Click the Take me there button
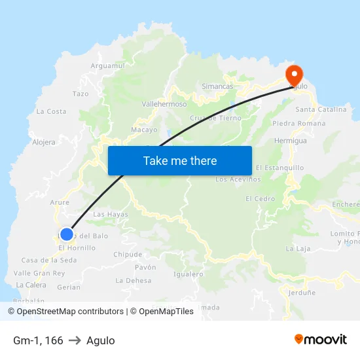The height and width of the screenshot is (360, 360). [x=180, y=160]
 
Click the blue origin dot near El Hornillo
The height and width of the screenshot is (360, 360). [x=66, y=234]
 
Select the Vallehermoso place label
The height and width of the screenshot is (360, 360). [x=164, y=103]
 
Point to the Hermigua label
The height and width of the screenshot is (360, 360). [x=291, y=141]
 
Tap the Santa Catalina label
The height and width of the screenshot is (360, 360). [x=321, y=109]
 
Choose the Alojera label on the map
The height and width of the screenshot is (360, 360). [x=44, y=142]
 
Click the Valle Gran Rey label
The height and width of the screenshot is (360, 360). [x=39, y=273]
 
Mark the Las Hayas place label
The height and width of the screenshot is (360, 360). [x=111, y=214]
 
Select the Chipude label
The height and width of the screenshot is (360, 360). [x=128, y=255]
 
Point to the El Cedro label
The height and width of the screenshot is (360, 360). [x=260, y=198]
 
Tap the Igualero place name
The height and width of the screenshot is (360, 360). [x=189, y=274]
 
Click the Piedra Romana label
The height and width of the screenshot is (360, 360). [x=298, y=123]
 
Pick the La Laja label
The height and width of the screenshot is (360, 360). [x=298, y=249]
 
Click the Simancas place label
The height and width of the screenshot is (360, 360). [x=217, y=86]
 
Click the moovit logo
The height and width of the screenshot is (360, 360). [x=321, y=339]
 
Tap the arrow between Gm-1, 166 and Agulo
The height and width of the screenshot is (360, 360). [x=75, y=340]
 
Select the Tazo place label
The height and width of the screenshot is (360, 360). [x=81, y=94]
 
